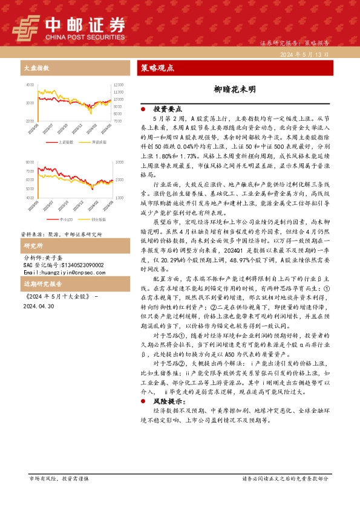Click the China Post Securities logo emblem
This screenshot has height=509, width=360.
pos(25,27)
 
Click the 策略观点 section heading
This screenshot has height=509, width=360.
pos(157,68)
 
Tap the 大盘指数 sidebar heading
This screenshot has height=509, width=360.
pos(33,68)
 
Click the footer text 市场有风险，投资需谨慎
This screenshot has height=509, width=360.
pos(59,478)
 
